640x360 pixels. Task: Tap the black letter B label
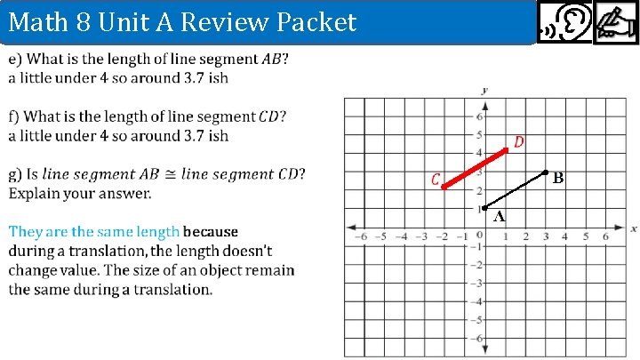coord(558,179)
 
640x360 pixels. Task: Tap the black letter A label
coord(500,216)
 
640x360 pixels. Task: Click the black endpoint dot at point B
coord(545,172)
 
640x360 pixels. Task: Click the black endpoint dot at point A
coord(484,207)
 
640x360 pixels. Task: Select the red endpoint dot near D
coord(506,151)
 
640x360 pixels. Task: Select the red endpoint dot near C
coord(444,188)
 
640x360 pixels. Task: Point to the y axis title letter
coord(484,90)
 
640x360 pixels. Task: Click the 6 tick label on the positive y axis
coord(478,117)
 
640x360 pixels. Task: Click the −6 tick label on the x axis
coord(361,236)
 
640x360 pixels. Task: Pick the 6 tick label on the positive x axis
coord(605,236)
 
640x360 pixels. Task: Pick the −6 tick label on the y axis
coord(476,338)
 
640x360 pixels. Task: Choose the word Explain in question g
coord(36,192)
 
